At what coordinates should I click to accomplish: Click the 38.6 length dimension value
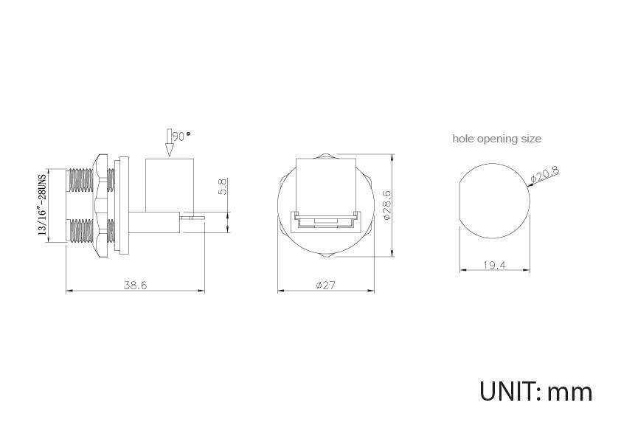[x=135, y=285]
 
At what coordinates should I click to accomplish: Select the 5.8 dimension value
[x=221, y=186]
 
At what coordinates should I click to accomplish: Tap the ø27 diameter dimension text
[x=325, y=285]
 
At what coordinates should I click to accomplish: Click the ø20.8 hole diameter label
[x=546, y=175]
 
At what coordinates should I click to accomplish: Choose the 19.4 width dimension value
[x=493, y=265]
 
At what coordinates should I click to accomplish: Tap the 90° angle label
[x=181, y=136]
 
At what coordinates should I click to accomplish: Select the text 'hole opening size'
[x=496, y=139]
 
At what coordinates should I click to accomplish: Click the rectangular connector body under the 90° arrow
[x=170, y=184]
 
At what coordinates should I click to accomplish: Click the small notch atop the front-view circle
[x=325, y=156]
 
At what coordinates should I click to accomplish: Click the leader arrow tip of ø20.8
[x=530, y=187]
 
